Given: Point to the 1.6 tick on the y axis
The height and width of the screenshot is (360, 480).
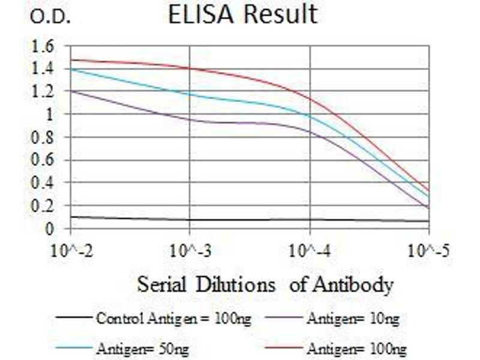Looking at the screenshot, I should click(41, 46).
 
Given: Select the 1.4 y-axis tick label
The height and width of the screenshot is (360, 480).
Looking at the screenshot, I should click(41, 68).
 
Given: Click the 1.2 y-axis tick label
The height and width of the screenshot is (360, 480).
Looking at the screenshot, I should click(41, 91).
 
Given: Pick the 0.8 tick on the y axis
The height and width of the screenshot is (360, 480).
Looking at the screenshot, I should click(41, 137).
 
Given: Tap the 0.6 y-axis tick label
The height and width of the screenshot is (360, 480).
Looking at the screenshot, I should click(41, 160).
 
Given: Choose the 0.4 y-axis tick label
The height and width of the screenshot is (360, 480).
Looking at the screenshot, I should click(41, 182).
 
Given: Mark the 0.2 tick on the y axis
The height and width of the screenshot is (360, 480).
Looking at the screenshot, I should click(41, 205).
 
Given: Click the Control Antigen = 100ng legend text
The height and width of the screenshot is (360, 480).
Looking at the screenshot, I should click(174, 319).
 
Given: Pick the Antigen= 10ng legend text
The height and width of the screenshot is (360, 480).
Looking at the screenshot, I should click(353, 319).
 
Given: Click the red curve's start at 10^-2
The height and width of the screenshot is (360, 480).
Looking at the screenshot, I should click(71, 59).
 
